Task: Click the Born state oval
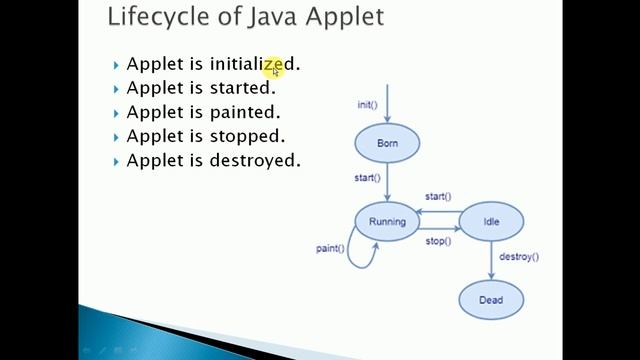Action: [x=387, y=144]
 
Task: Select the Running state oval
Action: [x=387, y=222]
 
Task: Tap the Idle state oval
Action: [x=491, y=222]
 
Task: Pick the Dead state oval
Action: [x=491, y=299]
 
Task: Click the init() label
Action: [x=367, y=104]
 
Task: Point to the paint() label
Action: [x=330, y=248]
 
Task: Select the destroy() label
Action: [x=518, y=257]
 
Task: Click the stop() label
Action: [x=438, y=241]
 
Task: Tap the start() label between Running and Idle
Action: [x=437, y=197]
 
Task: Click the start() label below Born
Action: [x=367, y=178]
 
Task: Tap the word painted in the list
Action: [x=245, y=112]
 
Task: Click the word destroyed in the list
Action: [x=255, y=160]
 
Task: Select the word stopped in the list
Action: [x=247, y=136]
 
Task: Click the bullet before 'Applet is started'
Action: [x=116, y=89]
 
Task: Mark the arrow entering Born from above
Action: [x=387, y=105]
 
